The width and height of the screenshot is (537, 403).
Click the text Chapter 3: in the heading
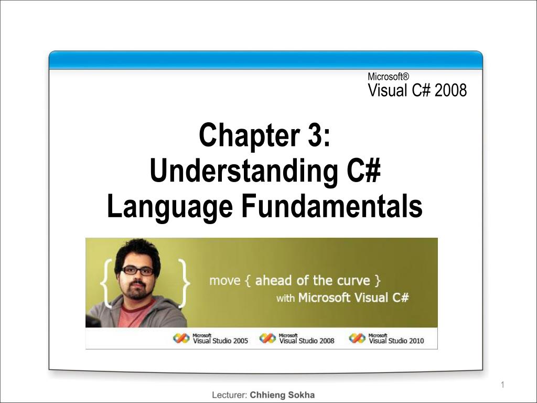click(264, 135)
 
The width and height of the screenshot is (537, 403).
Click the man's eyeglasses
click(137, 271)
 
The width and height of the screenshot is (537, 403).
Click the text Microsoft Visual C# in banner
click(353, 298)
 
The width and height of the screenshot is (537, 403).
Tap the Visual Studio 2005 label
click(220, 341)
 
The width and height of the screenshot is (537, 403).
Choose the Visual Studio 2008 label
click(307, 341)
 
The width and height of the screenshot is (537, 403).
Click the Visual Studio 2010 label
click(396, 341)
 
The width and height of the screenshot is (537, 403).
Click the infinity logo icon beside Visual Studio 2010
click(357, 338)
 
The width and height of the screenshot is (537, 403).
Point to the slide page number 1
click(502, 386)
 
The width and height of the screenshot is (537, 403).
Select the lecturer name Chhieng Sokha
click(282, 395)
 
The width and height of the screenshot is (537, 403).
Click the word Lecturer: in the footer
click(229, 395)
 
